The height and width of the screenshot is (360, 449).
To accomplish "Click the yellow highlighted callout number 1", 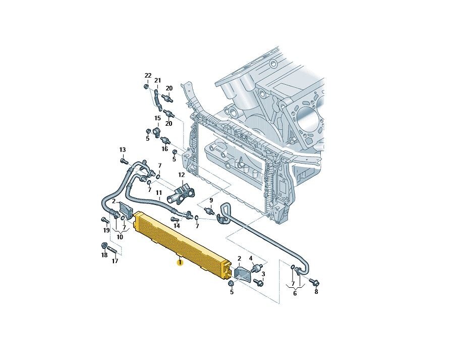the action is (x=180, y=263).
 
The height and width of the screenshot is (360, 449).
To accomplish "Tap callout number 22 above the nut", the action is (x=148, y=76).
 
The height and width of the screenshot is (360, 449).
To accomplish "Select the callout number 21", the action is (x=157, y=80).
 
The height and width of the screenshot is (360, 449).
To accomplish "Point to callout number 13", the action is (x=123, y=149).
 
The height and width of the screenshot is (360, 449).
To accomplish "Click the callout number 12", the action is (x=182, y=175).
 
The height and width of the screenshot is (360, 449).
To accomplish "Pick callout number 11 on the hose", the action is (x=159, y=192).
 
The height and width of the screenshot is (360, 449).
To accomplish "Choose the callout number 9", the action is (x=211, y=200).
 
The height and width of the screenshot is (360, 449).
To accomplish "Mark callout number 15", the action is (x=158, y=118).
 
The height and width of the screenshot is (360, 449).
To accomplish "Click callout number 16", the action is (x=165, y=149).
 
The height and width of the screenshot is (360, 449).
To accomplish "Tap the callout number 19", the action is (x=106, y=230).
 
